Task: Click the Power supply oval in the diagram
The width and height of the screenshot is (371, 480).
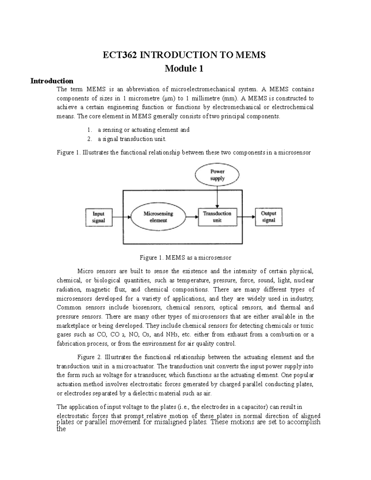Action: [217, 175]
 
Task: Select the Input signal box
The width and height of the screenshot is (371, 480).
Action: [99, 217]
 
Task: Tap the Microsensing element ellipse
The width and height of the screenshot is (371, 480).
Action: [158, 217]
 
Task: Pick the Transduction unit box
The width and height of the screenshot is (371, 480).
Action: [217, 217]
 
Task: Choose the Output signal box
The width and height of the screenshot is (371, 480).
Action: [268, 217]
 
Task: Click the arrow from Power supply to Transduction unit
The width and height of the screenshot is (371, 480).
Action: [217, 197]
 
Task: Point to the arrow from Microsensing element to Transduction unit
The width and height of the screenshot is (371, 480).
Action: [192, 217]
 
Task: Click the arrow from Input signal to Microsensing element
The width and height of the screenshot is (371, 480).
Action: [121, 217]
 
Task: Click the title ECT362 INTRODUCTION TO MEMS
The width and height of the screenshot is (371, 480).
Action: [184, 55]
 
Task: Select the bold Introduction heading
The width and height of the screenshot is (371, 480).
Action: [52, 81]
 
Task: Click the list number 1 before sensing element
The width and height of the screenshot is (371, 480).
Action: [90, 130]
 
